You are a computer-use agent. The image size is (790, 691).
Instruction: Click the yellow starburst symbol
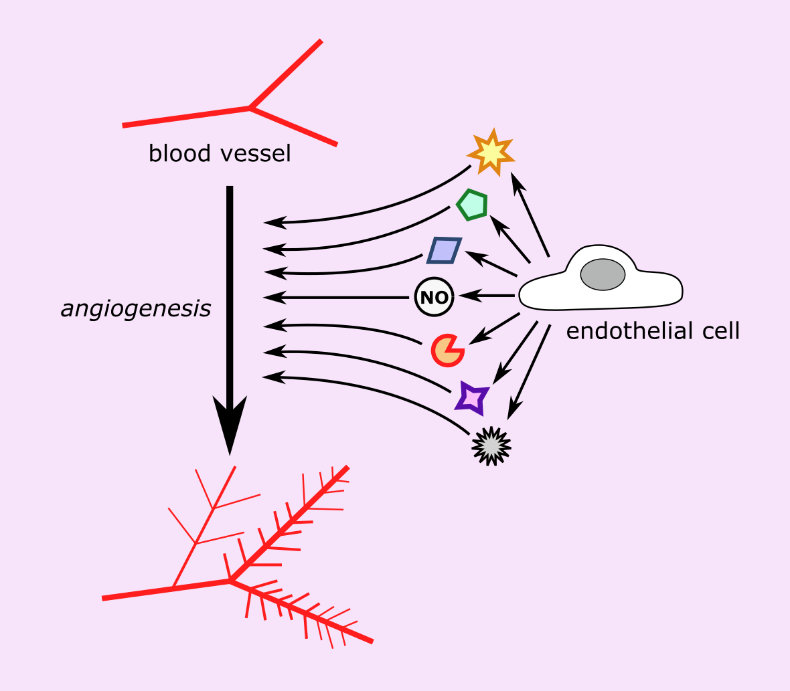(491, 153)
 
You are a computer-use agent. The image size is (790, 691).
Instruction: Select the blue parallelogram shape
(444, 250)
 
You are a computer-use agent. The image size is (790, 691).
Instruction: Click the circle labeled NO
(434, 297)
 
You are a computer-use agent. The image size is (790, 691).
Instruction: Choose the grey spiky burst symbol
(491, 446)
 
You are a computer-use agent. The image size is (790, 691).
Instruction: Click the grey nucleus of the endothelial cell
(603, 275)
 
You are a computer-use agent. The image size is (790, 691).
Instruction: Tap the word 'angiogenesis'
(136, 309)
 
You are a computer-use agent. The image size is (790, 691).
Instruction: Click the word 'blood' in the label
(175, 154)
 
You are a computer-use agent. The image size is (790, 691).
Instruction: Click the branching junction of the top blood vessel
(250, 107)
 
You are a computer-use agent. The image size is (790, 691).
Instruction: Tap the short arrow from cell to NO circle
(485, 295)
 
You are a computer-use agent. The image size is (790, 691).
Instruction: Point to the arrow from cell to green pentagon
(510, 239)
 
